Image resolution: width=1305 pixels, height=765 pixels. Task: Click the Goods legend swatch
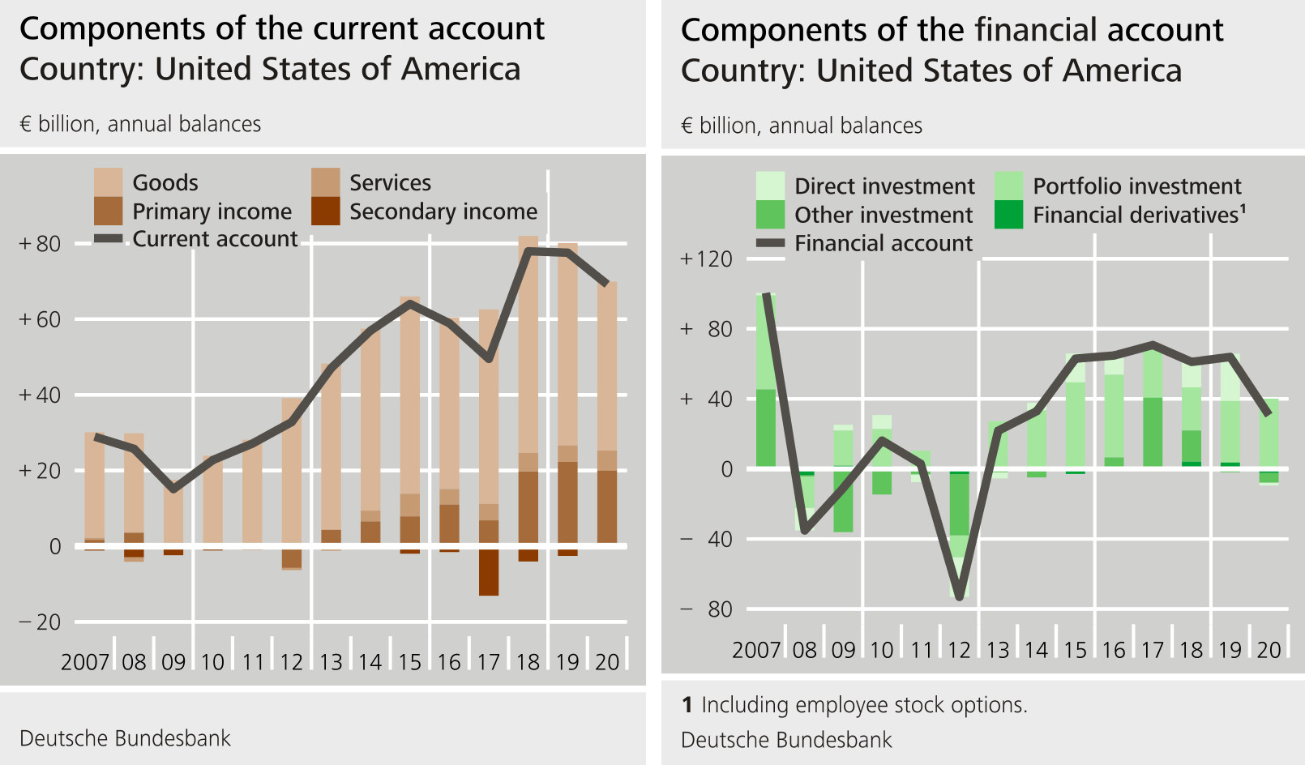(x=108, y=182)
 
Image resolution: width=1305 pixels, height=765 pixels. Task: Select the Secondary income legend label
(x=443, y=212)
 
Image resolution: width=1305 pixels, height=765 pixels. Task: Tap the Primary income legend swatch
(x=108, y=211)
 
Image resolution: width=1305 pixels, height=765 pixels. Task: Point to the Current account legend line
(x=108, y=239)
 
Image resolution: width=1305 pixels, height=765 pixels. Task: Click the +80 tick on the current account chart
(x=40, y=243)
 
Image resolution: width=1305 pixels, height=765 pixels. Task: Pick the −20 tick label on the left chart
(x=40, y=622)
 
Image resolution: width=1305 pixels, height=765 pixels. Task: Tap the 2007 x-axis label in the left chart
(x=84, y=662)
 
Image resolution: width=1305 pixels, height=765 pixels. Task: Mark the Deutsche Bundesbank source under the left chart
(x=125, y=738)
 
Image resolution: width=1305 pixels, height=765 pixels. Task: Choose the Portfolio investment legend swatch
(x=1008, y=186)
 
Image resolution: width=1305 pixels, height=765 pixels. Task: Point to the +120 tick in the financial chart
(x=706, y=259)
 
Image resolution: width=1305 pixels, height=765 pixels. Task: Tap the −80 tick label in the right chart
(x=706, y=609)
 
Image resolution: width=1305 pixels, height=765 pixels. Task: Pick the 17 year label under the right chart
(x=1152, y=650)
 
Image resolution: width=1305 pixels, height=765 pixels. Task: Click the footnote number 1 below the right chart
(x=687, y=705)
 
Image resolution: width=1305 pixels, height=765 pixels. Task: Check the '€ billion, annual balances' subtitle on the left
(x=140, y=124)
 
